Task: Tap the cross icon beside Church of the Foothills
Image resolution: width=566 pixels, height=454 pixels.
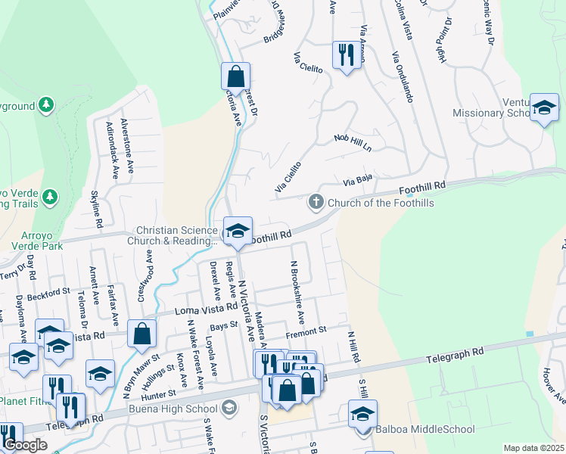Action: [316, 202]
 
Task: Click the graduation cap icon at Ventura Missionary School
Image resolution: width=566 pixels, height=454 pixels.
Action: [543, 107]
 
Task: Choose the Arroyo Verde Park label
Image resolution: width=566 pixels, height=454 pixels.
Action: [32, 246]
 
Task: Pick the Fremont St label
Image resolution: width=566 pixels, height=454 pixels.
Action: [306, 331]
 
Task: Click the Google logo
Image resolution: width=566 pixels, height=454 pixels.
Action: [25, 445]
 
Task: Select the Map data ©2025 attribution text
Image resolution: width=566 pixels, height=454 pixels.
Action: [533, 448]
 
